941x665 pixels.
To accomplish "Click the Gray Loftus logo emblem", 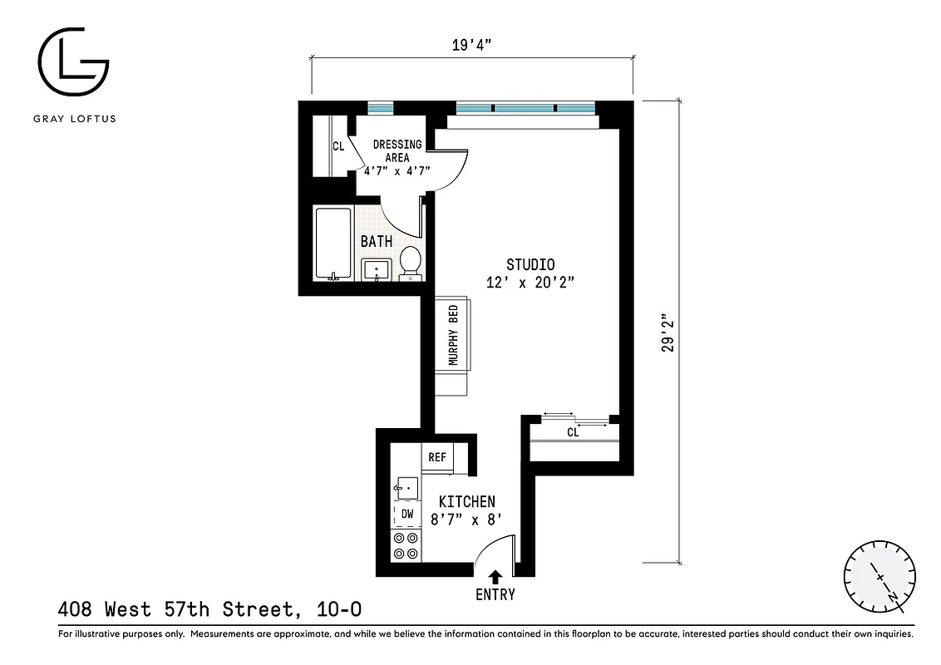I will click(x=73, y=63).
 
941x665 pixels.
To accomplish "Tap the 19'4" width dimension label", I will click(x=473, y=45).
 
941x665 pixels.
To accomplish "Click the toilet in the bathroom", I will click(x=410, y=262).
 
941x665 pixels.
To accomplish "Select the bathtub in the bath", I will click(x=333, y=244).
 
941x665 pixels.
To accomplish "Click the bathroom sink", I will click(x=377, y=269).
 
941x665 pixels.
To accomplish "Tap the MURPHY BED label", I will click(x=454, y=336).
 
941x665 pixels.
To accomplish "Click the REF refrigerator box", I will click(x=437, y=457).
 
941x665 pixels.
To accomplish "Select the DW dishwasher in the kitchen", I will click(x=406, y=514).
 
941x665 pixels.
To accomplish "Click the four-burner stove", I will click(x=406, y=545).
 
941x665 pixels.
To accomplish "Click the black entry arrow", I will click(x=496, y=576).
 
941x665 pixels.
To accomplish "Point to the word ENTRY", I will click(x=495, y=594).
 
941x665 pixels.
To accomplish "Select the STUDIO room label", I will click(x=530, y=265).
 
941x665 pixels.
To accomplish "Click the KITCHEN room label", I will click(x=466, y=501).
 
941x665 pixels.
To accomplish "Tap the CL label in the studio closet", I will click(x=573, y=432).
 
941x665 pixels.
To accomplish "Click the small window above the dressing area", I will click(x=381, y=107).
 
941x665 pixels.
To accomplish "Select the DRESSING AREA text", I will click(x=397, y=150).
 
